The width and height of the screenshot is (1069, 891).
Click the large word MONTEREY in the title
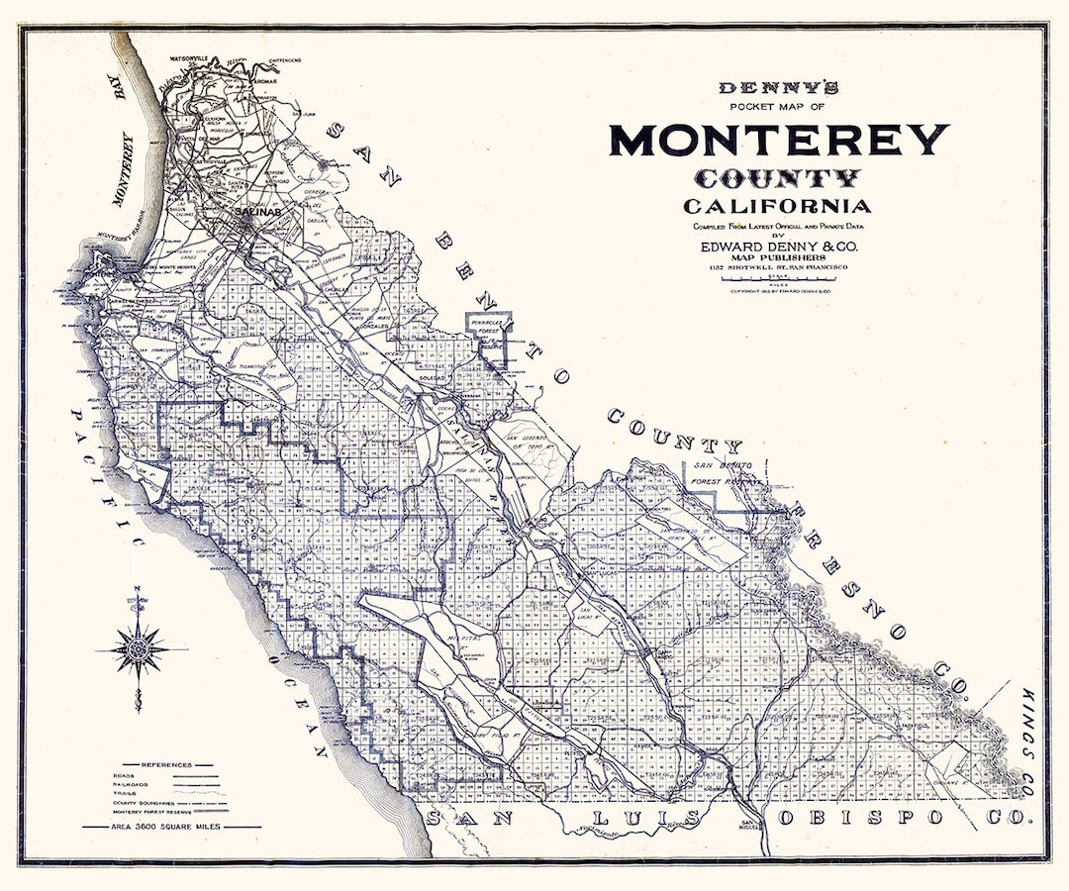(x=778, y=140)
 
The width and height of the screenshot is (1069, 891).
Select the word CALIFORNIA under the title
(x=777, y=206)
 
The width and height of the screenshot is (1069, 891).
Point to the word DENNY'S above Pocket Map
(x=778, y=88)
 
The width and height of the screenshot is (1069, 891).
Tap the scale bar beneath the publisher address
(x=778, y=282)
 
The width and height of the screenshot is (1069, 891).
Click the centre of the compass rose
(x=139, y=649)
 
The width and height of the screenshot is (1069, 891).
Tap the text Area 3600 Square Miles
(x=171, y=826)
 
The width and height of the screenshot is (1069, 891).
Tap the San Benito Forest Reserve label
(x=728, y=472)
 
